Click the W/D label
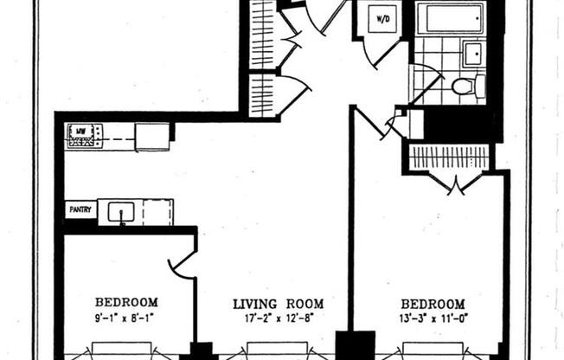382,17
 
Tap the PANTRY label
80,209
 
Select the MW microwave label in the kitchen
80,131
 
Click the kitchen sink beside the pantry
120,211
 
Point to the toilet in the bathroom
465,86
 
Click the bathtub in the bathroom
449,17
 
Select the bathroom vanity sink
472,54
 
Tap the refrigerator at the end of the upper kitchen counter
152,137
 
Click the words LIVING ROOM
279,304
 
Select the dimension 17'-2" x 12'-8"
279,318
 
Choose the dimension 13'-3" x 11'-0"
433,318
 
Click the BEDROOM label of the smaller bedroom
126,302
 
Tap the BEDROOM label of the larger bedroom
433,304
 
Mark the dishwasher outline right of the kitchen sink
157,211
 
